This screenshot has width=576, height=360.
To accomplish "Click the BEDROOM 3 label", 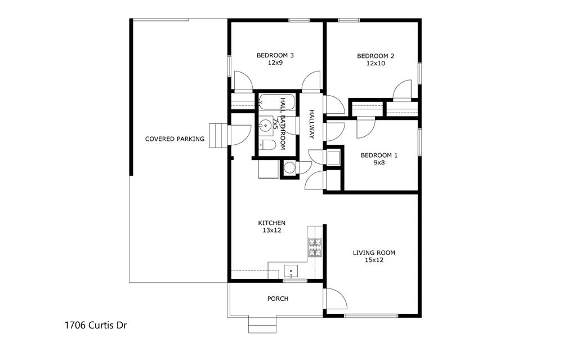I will [275, 55].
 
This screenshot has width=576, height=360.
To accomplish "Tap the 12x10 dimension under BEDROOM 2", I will [375, 64].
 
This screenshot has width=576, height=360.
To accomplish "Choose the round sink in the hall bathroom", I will [266, 126].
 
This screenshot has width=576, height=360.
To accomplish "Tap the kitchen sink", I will [291, 270].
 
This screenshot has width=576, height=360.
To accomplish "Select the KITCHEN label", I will [271, 223].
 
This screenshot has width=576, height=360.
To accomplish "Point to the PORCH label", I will [278, 299].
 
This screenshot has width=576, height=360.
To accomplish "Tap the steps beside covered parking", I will [217, 136].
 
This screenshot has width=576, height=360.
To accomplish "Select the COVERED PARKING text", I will [175, 139].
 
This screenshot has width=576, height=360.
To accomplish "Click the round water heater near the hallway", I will [289, 167].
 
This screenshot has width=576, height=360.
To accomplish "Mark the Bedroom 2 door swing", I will [403, 90].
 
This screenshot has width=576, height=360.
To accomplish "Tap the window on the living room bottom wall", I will [372, 315].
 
